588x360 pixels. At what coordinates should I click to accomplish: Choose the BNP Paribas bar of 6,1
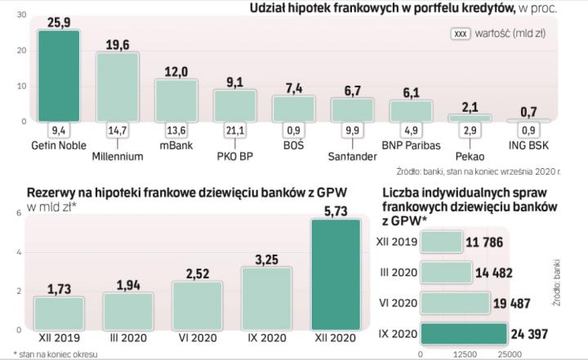click(410, 110)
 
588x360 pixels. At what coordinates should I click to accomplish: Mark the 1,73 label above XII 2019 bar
click(60, 288)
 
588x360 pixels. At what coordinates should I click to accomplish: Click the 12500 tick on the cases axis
click(464, 354)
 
